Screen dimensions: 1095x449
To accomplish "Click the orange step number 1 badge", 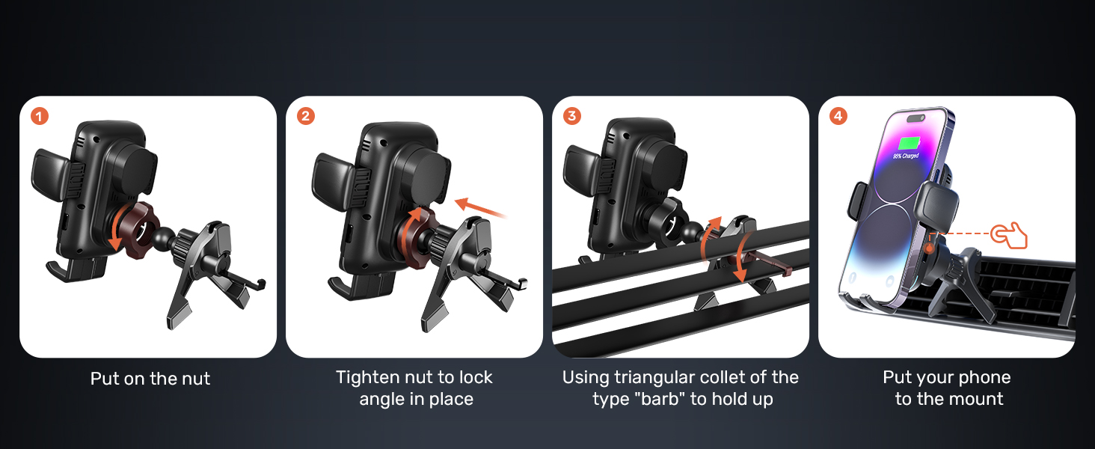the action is (x=40, y=117).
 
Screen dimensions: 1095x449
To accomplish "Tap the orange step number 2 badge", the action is (x=305, y=117).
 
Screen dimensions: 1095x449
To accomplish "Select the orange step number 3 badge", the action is (x=572, y=117).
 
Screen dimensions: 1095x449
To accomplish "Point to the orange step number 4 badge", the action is (x=838, y=117).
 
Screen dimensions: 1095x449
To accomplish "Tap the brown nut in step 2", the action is (x=414, y=238).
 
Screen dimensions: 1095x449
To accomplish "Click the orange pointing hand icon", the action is (x=1009, y=236).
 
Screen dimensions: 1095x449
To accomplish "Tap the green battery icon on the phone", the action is (x=909, y=144).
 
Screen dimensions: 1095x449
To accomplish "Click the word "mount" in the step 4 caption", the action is (x=978, y=399).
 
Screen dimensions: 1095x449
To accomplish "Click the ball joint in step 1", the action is (x=162, y=238).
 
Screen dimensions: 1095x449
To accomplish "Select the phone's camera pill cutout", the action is (x=915, y=118).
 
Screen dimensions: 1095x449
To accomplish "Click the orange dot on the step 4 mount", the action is (x=929, y=249).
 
